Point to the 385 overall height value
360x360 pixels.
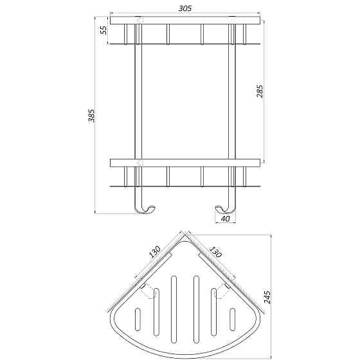tap(91, 116)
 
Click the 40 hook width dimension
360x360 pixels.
tap(224, 219)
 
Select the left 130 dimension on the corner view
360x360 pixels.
tap(155, 253)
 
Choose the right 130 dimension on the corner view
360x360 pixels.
tap(215, 253)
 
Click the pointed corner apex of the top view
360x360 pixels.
tap(185, 236)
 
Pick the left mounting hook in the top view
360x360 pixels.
tap(151, 292)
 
